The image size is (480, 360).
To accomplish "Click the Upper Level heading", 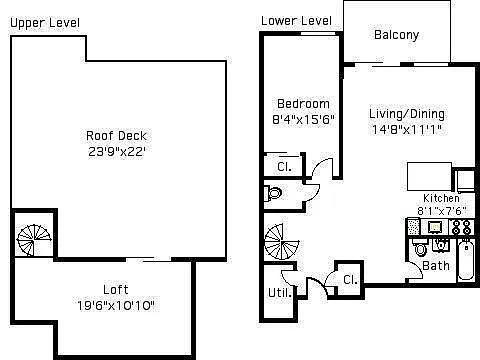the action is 45,23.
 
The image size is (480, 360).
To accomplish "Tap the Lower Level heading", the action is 296,21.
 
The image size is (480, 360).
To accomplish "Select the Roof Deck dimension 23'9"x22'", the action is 117,152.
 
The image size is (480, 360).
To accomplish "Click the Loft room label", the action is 116,289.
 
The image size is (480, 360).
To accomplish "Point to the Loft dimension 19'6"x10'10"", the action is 116,305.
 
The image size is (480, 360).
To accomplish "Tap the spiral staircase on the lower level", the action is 282,242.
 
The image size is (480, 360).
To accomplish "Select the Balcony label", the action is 396,35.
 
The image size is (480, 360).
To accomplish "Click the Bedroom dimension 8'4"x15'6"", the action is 303,119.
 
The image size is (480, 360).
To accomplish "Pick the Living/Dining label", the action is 407,114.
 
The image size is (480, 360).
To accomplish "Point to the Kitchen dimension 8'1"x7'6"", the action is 441,211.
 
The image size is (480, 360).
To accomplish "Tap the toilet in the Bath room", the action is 420,247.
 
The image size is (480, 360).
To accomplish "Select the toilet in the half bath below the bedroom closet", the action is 273,193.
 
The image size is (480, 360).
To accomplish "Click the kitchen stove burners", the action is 462,227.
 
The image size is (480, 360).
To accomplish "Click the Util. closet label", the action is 279,293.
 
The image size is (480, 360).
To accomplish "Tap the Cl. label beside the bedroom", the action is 284,166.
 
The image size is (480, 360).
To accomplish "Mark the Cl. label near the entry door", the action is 350,279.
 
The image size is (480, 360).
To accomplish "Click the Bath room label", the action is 436,266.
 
